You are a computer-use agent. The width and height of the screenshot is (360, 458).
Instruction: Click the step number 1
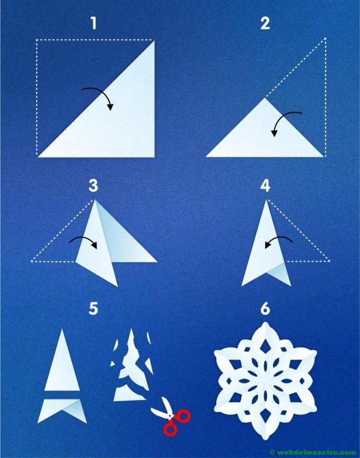tap(93, 23)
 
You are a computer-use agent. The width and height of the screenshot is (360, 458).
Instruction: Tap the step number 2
tap(265, 23)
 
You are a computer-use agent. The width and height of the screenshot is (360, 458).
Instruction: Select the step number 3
tap(93, 186)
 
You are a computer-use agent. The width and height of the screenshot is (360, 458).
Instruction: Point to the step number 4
tap(265, 186)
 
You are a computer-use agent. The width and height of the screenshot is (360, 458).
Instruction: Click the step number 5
tap(93, 309)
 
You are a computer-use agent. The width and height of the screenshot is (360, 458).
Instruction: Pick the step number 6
tap(265, 309)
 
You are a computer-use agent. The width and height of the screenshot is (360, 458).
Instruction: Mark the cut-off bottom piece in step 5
tap(62, 409)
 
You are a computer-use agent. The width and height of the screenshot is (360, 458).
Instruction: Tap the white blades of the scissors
tap(163, 408)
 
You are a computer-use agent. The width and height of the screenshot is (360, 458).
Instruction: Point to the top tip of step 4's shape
tap(267, 199)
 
